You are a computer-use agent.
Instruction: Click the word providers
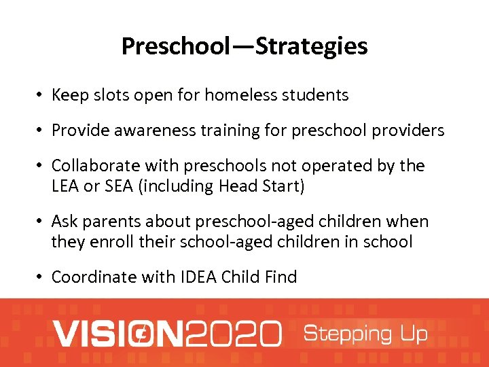tap(407, 130)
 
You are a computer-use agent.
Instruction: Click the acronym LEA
tap(66, 186)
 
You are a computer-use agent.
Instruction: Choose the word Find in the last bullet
tap(280, 277)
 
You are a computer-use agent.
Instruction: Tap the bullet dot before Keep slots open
tap(41, 96)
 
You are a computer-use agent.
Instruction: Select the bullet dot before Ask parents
tap(41, 222)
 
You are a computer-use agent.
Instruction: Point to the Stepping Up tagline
tap(365, 334)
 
